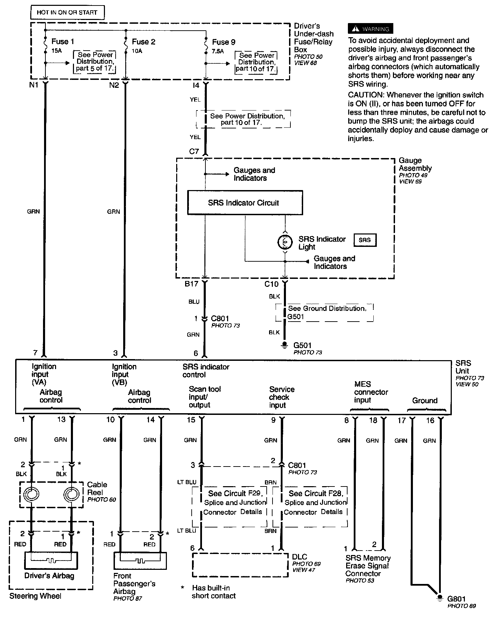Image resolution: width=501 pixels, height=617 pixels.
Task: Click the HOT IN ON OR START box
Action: pyautogui.click(x=67, y=12)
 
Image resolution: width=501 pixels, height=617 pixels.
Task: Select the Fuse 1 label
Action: pyautogui.click(x=63, y=42)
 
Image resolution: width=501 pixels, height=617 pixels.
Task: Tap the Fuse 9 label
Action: pyautogui.click(x=224, y=42)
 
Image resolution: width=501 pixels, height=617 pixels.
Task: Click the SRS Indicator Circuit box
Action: pyautogui.click(x=245, y=203)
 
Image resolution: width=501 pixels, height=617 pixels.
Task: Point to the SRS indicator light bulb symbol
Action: pyautogui.click(x=285, y=242)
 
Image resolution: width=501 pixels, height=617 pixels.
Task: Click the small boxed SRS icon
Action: pyautogui.click(x=365, y=240)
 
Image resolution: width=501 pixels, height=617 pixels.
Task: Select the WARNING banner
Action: pyautogui.click(x=370, y=29)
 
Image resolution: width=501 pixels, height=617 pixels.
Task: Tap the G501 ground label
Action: pyautogui.click(x=302, y=345)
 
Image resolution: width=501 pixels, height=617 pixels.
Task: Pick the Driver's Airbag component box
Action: pyautogui.click(x=51, y=561)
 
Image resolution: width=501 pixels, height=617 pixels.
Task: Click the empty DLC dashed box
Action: pyautogui.click(x=240, y=565)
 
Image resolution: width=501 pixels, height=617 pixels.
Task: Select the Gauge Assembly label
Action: pyautogui.click(x=415, y=164)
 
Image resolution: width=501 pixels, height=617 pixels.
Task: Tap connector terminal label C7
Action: pyautogui.click(x=194, y=151)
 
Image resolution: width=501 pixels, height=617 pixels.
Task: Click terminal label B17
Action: pyautogui.click(x=191, y=284)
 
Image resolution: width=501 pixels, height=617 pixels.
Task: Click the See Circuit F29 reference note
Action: pyautogui.click(x=235, y=502)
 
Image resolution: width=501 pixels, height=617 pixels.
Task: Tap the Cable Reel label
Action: pyautogui.click(x=97, y=489)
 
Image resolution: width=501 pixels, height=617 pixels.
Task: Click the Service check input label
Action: pyautogui.click(x=281, y=397)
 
